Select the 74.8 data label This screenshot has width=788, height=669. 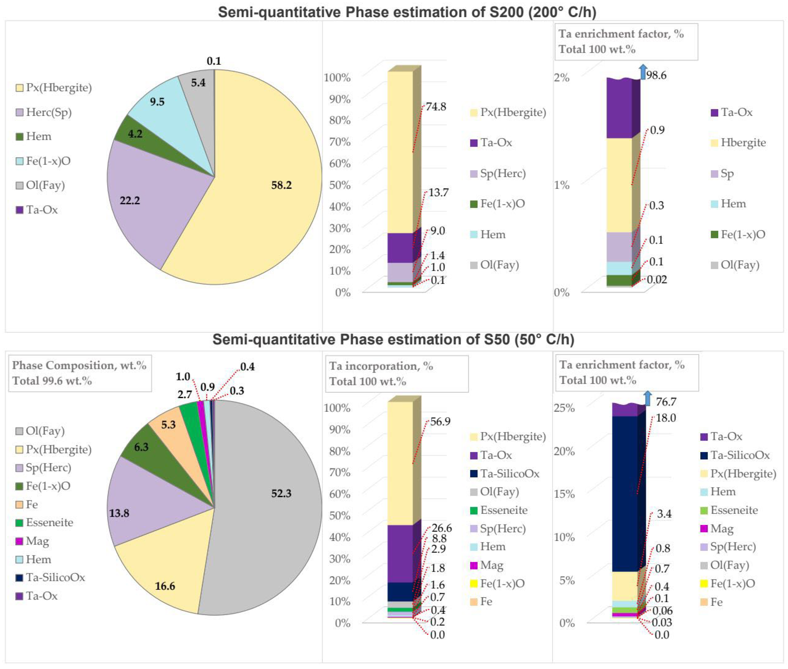(x=436, y=107)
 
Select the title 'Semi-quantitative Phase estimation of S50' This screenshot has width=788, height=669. (x=393, y=339)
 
